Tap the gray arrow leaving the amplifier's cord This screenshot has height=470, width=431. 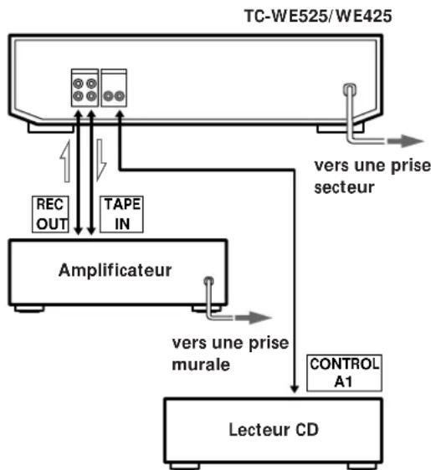click(254, 318)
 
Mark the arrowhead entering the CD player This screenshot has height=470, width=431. click(296, 386)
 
